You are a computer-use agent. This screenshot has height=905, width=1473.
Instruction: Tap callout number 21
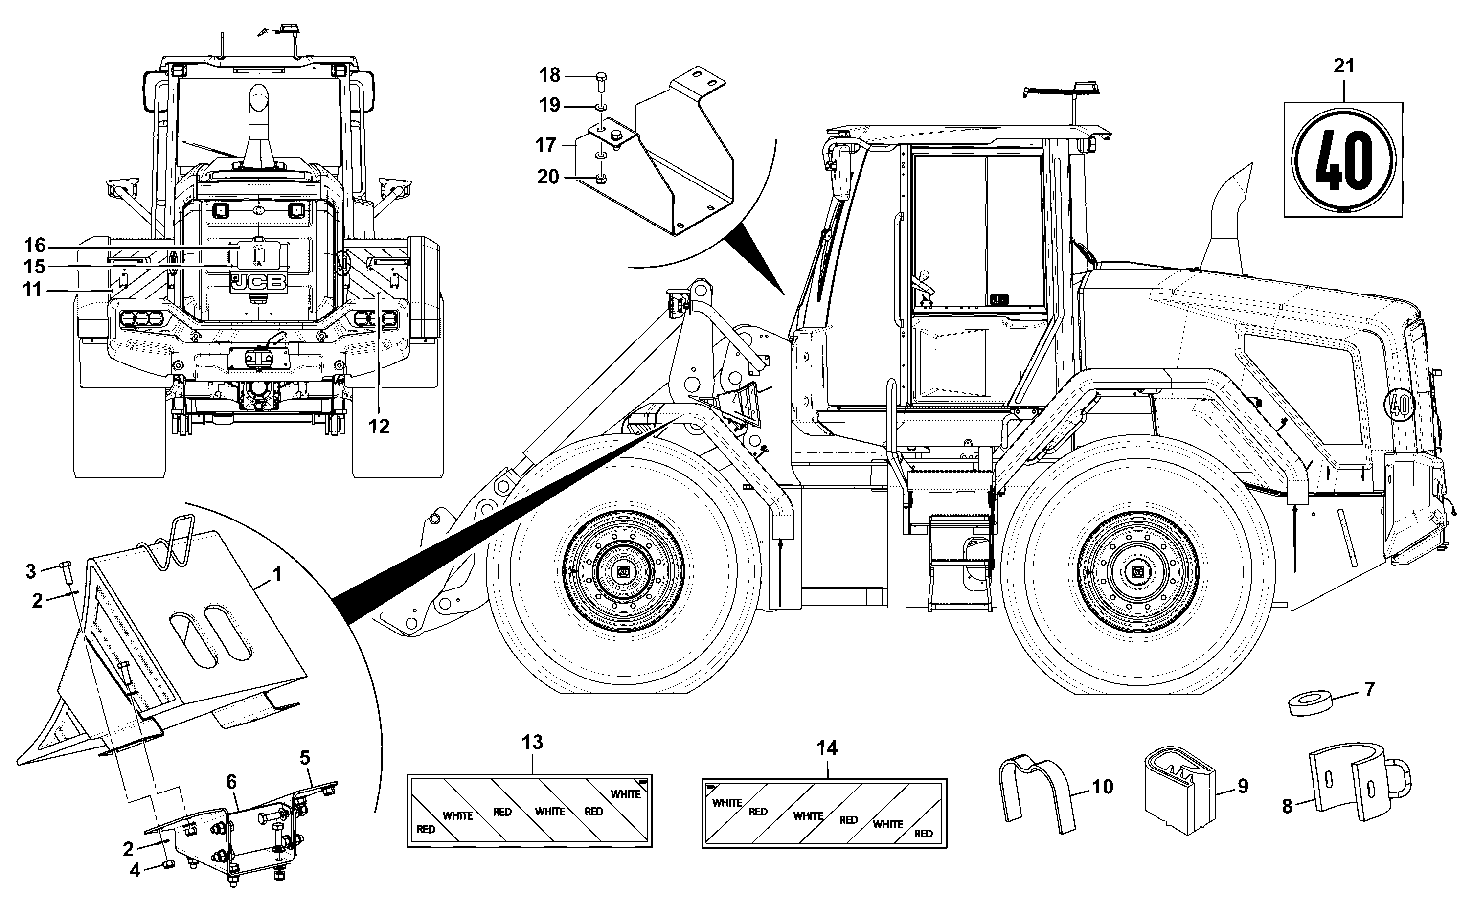1344,67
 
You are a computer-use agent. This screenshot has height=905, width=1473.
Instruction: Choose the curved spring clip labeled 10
1037,793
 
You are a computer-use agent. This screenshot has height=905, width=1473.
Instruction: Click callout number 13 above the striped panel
532,742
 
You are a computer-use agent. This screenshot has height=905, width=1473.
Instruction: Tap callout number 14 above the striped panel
827,747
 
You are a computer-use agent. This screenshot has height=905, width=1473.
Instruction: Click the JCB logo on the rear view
259,282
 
